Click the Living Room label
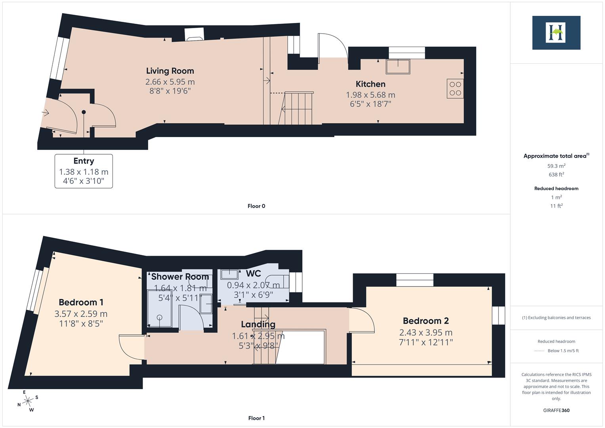(x=170, y=71)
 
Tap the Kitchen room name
(x=370, y=84)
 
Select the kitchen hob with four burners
(x=455, y=89)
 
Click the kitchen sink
(x=398, y=67)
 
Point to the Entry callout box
(x=84, y=171)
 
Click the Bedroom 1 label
(x=81, y=302)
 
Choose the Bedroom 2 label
(x=426, y=321)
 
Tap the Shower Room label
(x=180, y=277)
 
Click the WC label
(x=253, y=273)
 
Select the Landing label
(x=258, y=325)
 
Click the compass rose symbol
(x=28, y=401)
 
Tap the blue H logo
(x=556, y=32)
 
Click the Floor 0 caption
(x=256, y=206)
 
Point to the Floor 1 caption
(x=256, y=418)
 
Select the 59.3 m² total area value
(x=556, y=166)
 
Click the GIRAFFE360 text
(x=556, y=410)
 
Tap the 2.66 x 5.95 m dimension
(x=170, y=82)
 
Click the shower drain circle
(x=159, y=317)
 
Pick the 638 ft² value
(x=556, y=174)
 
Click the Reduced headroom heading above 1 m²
(x=556, y=188)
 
